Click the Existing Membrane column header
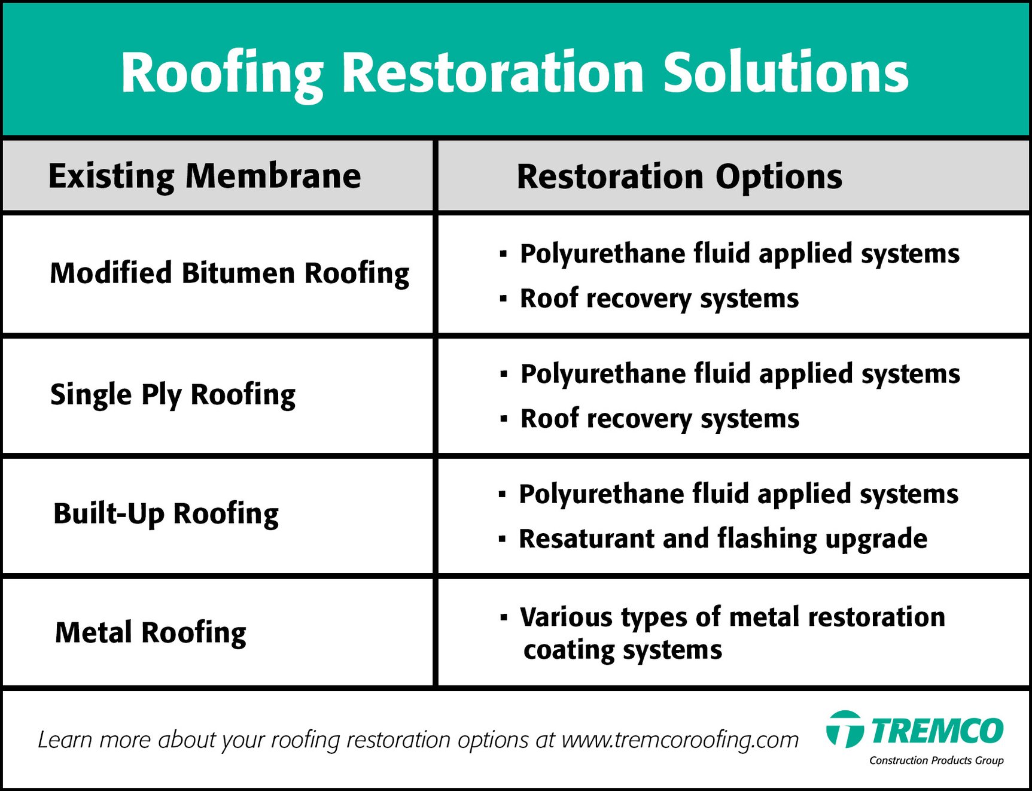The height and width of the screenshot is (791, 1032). pos(205,176)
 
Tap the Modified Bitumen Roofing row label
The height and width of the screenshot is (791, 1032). pos(229,273)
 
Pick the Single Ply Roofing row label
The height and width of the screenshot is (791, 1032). pos(173,395)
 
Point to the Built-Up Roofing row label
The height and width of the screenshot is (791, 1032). pos(166,514)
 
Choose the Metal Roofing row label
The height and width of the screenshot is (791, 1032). pos(150,633)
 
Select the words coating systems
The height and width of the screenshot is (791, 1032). pos(622,650)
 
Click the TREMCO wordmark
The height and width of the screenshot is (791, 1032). pos(936,731)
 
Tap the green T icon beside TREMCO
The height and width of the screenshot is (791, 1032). pos(844,729)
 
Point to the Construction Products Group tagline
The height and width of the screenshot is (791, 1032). pos(936,760)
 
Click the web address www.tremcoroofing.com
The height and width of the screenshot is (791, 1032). pos(680,740)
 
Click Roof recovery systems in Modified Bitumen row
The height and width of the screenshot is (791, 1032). pos(659,299)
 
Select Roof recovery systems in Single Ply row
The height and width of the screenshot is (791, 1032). pos(659,419)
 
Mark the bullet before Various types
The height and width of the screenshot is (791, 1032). pos(504,616)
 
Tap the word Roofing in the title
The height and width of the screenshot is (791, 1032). pos(222,73)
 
